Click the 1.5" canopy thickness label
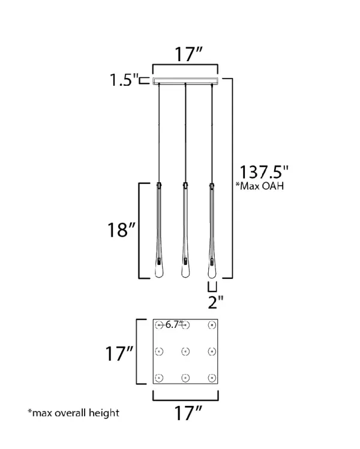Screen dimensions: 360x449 [x=124, y=80]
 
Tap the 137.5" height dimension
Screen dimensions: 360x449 [x=263, y=172]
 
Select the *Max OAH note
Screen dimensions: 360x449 [x=260, y=186]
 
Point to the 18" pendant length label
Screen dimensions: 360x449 [x=121, y=230]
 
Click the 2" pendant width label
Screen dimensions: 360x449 [x=215, y=302]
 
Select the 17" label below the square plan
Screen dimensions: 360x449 [x=188, y=413]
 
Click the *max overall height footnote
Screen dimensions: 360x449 [x=73, y=413]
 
